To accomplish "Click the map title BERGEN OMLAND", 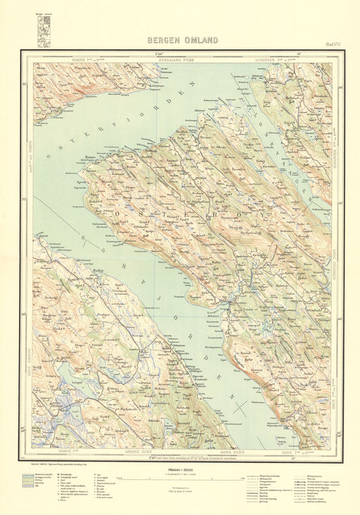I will pos(182,40).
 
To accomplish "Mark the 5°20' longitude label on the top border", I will pos(159,53).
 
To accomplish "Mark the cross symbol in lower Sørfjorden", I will pos(236,408).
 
